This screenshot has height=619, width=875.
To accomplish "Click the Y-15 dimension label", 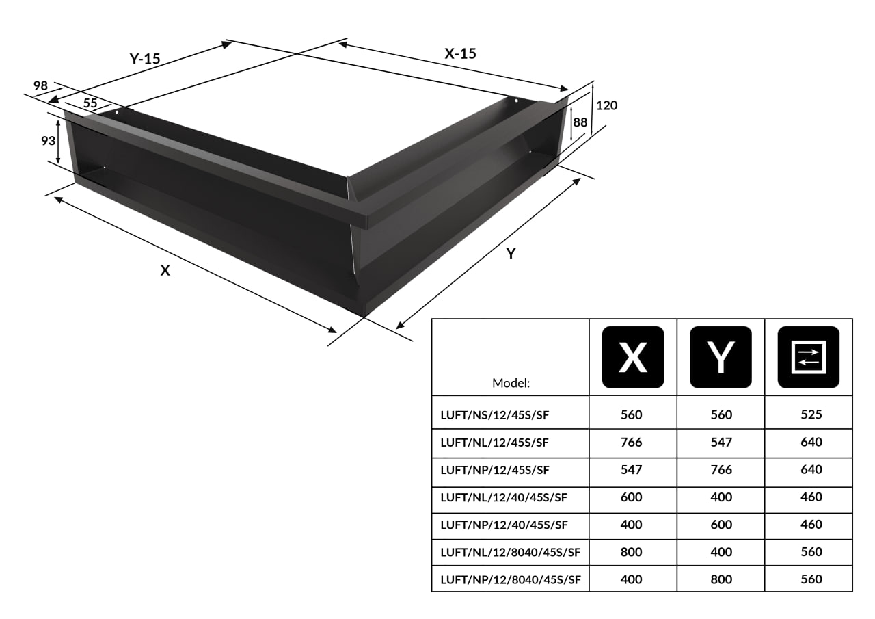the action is (145, 59).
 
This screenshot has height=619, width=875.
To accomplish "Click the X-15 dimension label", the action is (461, 53).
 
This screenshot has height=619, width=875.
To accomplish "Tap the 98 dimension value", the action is (40, 85).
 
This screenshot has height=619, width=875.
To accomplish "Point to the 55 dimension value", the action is (90, 103).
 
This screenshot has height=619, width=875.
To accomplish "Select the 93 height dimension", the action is (49, 141).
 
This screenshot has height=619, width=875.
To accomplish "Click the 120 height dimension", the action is (606, 105).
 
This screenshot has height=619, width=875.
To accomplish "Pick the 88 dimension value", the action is (580, 122).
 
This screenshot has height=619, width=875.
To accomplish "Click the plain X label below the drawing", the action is (165, 270).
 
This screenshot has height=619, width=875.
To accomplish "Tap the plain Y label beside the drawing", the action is (511, 254).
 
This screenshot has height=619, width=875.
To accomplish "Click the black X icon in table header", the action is (633, 357).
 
